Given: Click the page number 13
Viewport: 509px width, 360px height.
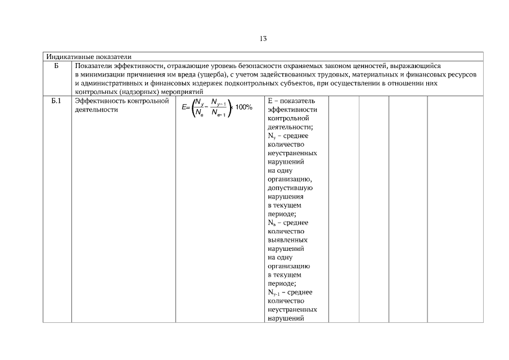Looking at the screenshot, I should coord(263,39).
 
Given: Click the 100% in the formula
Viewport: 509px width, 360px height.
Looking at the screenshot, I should coord(244,107).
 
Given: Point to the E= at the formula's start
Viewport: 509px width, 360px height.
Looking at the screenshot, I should coord(186,107).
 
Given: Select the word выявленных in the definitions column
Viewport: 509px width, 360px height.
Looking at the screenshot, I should coord(286,240).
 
